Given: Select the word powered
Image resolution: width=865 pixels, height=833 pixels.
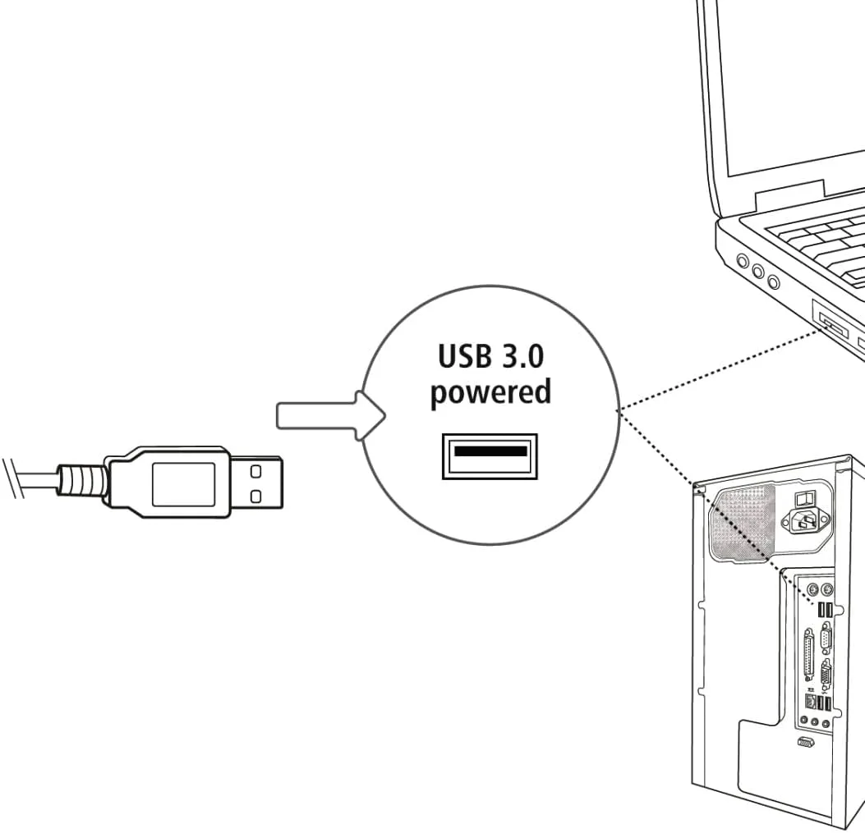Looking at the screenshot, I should coord(490,392).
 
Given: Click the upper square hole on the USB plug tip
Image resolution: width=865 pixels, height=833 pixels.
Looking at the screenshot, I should coord(255,471).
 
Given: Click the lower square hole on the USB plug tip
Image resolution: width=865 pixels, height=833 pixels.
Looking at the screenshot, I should coord(255,495).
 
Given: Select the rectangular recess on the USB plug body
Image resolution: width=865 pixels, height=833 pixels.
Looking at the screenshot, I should coord(183,483).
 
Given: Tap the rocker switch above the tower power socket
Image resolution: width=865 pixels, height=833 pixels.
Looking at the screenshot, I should coord(806,497).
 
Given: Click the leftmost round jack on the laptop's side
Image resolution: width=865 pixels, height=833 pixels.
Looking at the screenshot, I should coord(743,263).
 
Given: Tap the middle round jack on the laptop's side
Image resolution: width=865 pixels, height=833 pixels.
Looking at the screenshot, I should coord(757,272).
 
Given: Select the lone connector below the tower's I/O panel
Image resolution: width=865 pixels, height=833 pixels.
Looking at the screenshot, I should coord(806,743).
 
